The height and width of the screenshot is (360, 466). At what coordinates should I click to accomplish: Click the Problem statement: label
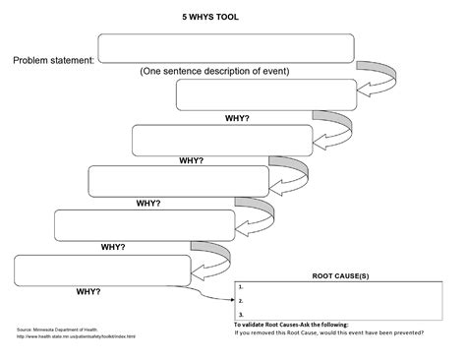pos(53,61)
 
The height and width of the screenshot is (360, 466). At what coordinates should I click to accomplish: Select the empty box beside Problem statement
pos(225,48)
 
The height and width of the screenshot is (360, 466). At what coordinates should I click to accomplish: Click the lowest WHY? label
pos(93,292)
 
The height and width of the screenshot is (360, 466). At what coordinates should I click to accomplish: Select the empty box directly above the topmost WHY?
pos(265,95)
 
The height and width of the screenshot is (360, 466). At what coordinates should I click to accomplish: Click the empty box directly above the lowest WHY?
pos(101,269)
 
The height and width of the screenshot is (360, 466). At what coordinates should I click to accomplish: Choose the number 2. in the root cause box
pos(241,300)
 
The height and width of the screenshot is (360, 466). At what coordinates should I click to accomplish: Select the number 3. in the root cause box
pos(241,312)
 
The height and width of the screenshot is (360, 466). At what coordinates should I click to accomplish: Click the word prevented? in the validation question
pos(405,332)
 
